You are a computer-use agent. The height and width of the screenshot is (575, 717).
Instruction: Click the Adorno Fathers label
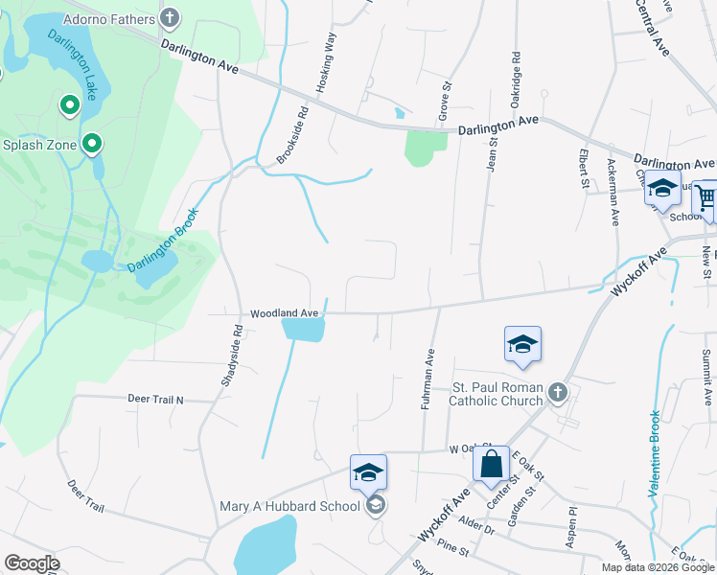[x=108, y=18]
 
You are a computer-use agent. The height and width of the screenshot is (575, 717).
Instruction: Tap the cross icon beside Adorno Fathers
[x=170, y=17]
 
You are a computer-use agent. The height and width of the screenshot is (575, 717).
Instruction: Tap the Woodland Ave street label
[x=284, y=313]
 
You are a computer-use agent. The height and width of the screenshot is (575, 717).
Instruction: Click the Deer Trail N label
[x=154, y=399]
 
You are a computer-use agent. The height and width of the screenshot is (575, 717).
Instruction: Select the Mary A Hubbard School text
[x=290, y=506]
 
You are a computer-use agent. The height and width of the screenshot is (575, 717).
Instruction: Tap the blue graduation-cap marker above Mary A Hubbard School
[x=368, y=472]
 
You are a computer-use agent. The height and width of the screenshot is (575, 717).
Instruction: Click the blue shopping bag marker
[x=491, y=465]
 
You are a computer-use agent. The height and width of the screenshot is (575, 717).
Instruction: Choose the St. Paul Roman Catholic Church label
[x=496, y=394]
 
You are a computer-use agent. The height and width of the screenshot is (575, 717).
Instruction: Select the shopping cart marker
[x=706, y=197]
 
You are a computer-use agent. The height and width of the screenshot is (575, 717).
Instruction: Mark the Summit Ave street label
[x=707, y=377]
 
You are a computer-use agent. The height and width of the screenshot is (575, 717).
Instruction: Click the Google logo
[x=32, y=563]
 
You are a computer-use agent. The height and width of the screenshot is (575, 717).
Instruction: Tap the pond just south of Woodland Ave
[x=304, y=330]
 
